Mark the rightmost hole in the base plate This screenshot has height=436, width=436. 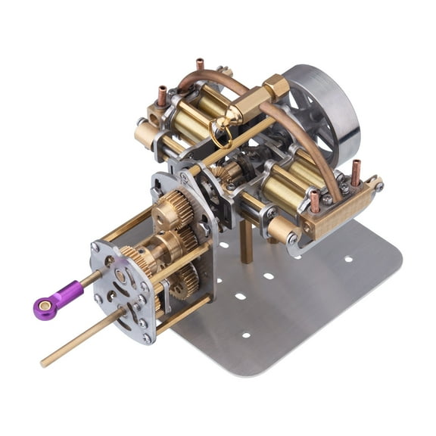[347, 259]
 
